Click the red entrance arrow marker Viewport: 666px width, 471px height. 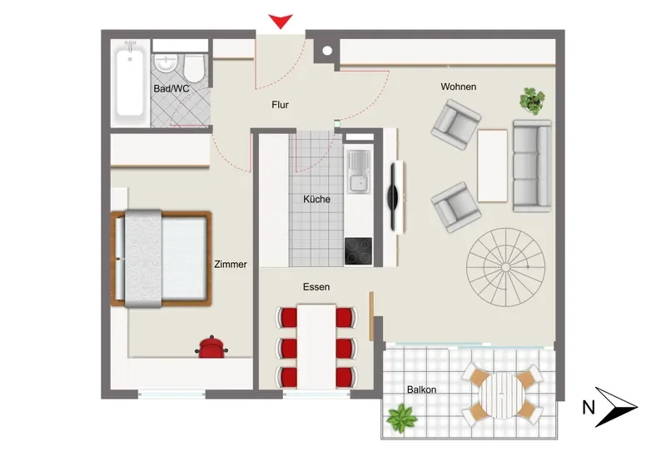pos(281,20)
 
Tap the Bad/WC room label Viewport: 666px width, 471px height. pos(171,89)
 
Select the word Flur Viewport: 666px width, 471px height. pos(280,105)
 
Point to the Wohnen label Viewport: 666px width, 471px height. pos(459,87)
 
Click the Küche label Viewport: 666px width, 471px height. pos(316,199)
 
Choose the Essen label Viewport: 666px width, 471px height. pos(316,287)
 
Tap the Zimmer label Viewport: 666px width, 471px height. pos(231,264)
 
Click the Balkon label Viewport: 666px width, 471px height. pos(421,389)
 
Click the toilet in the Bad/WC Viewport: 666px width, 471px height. pos(195,68)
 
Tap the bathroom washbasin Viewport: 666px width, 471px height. pos(165,64)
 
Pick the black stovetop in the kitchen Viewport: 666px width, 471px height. pos(358,250)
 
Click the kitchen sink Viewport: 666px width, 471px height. pos(359,171)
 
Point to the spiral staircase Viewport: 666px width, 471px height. pos(505,267)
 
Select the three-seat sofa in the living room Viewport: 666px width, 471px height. pos(532,166)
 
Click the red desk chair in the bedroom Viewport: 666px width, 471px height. pos(211,347)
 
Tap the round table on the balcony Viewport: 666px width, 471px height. pos(502,396)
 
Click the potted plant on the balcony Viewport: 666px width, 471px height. pos(401,419)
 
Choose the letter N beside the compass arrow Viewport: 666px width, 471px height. pos(589,408)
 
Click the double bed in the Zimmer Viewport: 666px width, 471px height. pos(162,259)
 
